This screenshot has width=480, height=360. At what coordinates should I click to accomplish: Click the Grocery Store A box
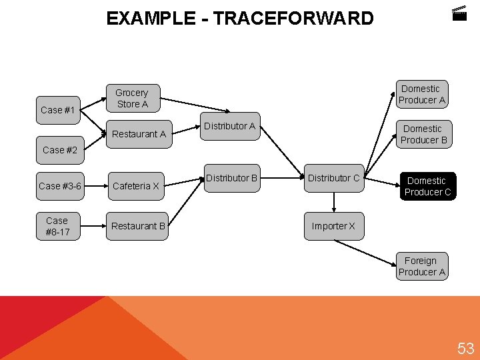(132, 98)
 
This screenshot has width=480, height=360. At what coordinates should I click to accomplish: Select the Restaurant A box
(139, 134)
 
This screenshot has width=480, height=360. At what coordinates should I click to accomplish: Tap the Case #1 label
(57, 110)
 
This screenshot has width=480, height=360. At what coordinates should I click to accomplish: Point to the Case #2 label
(59, 150)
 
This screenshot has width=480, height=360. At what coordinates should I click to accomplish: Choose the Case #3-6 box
(59, 186)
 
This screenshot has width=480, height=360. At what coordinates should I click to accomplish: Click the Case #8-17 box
(57, 226)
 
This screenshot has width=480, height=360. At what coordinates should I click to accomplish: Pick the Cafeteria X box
(136, 186)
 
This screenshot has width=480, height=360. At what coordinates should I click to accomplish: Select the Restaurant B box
(138, 226)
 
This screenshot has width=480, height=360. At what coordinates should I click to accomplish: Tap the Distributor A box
(229, 126)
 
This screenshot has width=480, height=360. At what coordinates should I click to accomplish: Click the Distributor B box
(231, 178)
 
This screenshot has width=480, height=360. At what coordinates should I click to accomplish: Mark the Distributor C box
(333, 178)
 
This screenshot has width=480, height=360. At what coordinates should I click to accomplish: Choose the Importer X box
(333, 226)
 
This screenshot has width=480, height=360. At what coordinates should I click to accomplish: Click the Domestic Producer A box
(421, 94)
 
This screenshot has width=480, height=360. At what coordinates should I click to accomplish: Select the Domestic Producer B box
(423, 134)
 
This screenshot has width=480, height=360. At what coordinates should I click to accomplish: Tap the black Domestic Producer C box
(427, 186)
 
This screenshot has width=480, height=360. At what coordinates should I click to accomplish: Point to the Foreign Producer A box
(421, 266)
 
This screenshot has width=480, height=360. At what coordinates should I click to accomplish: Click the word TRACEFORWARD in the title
(293, 18)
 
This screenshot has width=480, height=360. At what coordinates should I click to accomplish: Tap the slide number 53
(465, 347)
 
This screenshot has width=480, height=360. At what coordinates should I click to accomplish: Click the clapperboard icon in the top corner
(459, 13)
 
